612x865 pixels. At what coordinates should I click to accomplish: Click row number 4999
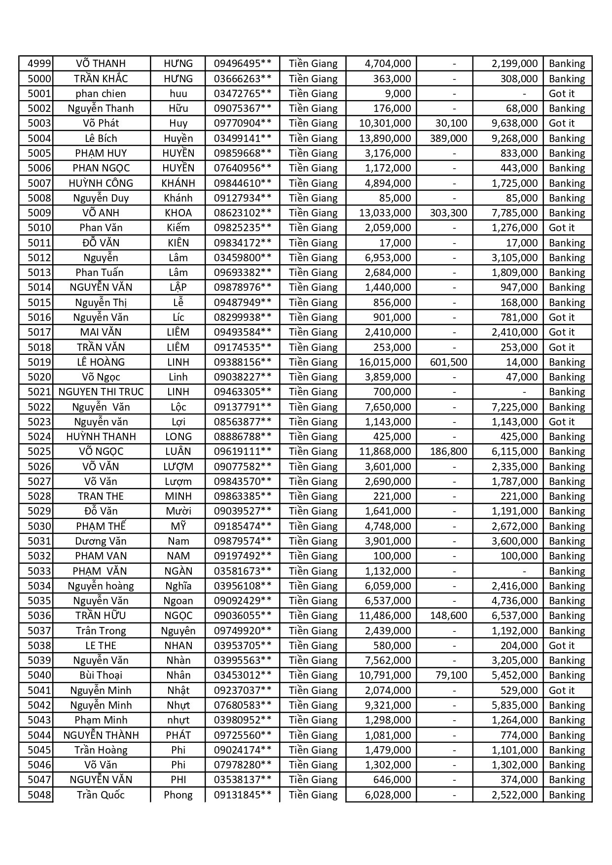pyautogui.click(x=39, y=64)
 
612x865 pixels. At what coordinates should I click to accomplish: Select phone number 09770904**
pyautogui.click(x=243, y=123)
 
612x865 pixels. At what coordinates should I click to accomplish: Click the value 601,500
pyautogui.click(x=448, y=362)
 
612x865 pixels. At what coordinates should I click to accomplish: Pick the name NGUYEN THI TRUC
pyautogui.click(x=101, y=392)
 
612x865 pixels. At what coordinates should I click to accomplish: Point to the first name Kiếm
pyautogui.click(x=178, y=228)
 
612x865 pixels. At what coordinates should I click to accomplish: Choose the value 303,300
pyautogui.click(x=448, y=213)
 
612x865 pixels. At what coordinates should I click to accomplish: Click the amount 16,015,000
pyautogui.click(x=385, y=362)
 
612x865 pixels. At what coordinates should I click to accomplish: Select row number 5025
pyautogui.click(x=39, y=451)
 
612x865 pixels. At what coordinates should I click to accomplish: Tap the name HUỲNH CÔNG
pyautogui.click(x=101, y=183)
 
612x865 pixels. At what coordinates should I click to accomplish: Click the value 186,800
pyautogui.click(x=448, y=451)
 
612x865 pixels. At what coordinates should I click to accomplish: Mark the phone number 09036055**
pyautogui.click(x=243, y=616)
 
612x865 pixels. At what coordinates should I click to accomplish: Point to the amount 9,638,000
pyautogui.click(x=514, y=123)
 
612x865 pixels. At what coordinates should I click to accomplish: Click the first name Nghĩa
pyautogui.click(x=178, y=586)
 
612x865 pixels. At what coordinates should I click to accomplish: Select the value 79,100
pyautogui.click(x=451, y=675)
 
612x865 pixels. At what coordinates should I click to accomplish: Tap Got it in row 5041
pyautogui.click(x=562, y=691)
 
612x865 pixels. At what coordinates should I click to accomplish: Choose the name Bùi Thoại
pyautogui.click(x=101, y=675)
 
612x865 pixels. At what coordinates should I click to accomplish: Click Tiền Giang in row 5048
pyautogui.click(x=313, y=795)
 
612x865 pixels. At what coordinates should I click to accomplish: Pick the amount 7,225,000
pyautogui.click(x=514, y=407)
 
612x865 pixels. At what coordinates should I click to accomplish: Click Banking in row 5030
pyautogui.click(x=567, y=526)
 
